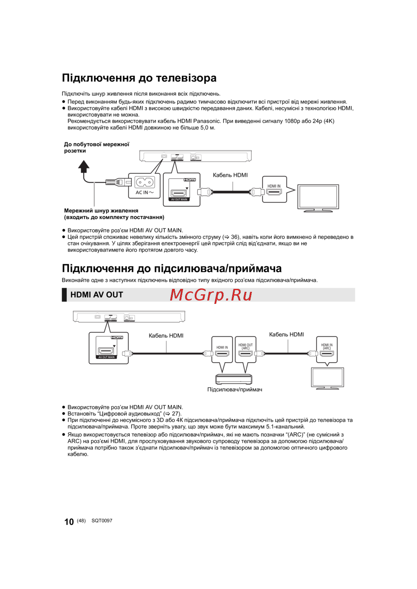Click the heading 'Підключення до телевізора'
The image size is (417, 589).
139,78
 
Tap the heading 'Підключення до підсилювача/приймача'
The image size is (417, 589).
172,268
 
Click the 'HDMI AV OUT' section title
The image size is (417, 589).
97,295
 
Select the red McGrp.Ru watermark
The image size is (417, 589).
211,295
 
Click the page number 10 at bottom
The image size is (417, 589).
69,521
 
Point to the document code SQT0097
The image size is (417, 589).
102,521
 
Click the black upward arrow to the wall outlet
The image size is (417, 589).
84,167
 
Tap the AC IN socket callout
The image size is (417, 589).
144,185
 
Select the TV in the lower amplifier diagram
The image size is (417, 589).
328,377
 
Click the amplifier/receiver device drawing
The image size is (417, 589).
234,379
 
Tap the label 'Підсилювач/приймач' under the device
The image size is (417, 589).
235,390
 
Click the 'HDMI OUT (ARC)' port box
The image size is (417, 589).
246,349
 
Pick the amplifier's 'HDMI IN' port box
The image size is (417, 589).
222,349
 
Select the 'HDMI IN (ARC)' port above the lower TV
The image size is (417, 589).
327,349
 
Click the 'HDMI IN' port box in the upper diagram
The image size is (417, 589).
274,189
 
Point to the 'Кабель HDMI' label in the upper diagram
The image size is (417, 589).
230,175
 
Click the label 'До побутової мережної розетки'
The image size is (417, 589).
96,148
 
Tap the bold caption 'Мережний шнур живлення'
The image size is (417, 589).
101,211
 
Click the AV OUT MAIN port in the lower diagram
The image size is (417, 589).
106,351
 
